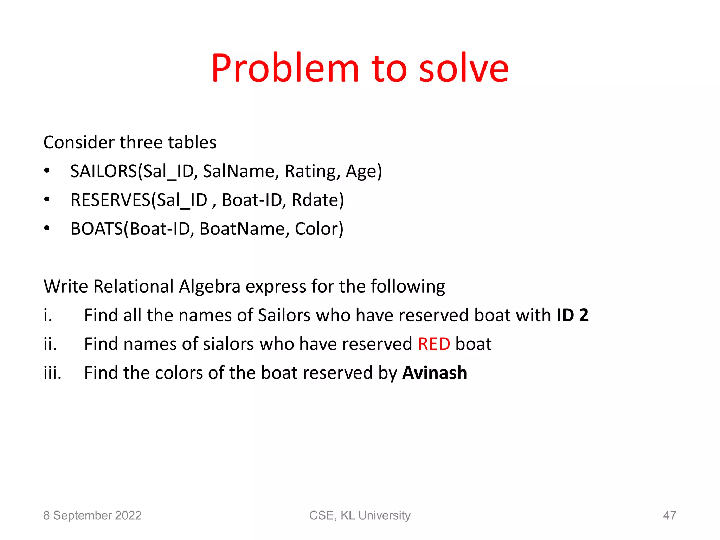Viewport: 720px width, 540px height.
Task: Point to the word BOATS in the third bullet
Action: (97, 229)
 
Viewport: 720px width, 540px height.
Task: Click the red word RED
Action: (434, 344)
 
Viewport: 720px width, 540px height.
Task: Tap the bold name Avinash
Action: (435, 373)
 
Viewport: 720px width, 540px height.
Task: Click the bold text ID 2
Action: (572, 315)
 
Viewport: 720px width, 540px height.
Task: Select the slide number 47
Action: (669, 515)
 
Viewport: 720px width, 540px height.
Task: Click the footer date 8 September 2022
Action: (92, 515)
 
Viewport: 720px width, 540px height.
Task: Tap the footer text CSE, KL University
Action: (360, 515)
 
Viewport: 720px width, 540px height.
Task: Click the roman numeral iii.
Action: (52, 373)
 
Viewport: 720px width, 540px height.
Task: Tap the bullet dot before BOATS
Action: (47, 229)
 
